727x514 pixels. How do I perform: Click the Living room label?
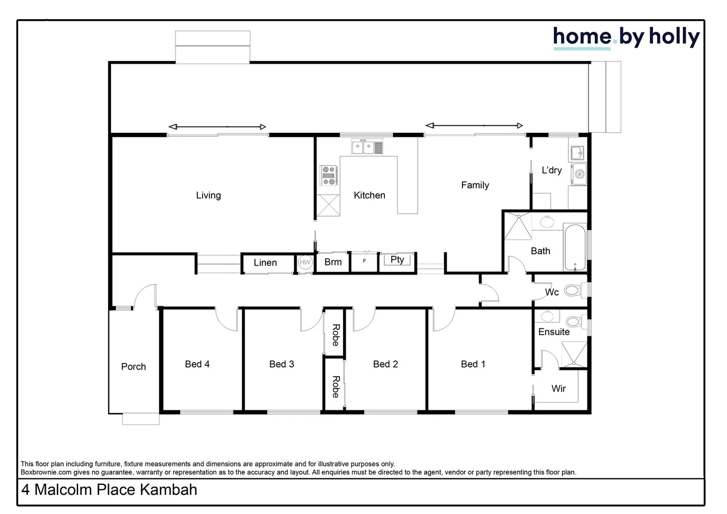(x=208, y=195)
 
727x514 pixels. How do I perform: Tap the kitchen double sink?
(x=363, y=148)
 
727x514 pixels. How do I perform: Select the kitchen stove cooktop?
(x=328, y=175)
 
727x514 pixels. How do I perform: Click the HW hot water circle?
(x=305, y=262)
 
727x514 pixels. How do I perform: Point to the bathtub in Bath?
(x=575, y=247)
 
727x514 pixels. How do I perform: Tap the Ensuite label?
(x=554, y=332)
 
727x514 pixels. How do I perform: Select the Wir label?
(x=559, y=388)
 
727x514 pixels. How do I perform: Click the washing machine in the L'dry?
(x=579, y=174)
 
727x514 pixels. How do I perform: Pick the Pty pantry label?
(x=397, y=259)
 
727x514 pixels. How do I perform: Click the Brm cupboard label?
(x=333, y=262)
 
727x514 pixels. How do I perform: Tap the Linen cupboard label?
(x=265, y=263)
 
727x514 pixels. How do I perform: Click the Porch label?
(x=133, y=366)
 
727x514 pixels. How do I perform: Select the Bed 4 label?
(x=197, y=364)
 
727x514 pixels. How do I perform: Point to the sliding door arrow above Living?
(x=217, y=127)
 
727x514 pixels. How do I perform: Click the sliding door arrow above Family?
(x=474, y=126)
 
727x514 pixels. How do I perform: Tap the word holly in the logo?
(x=674, y=37)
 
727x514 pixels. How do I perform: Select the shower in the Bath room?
(x=518, y=226)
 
